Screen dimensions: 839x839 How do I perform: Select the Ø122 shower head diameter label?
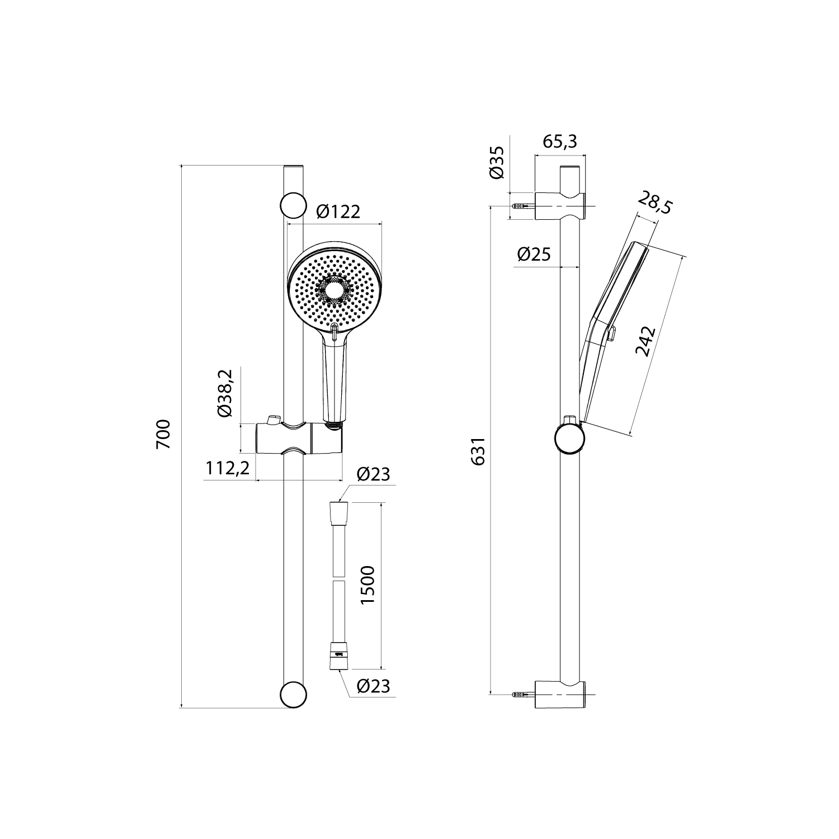[x=338, y=212]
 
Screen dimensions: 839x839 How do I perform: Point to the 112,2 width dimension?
[x=227, y=468]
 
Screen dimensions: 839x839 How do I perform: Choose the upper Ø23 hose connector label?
[x=373, y=474]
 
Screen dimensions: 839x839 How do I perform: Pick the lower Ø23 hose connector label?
[x=373, y=686]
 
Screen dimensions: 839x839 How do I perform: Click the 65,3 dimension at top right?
[x=560, y=142]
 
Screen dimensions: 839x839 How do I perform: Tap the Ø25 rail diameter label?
[x=534, y=254]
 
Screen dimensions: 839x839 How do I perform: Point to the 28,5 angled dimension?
[x=654, y=205]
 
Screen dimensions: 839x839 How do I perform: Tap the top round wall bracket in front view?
[x=293, y=205]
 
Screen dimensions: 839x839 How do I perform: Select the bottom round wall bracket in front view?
[x=293, y=695]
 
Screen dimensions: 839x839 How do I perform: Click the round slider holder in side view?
[x=569, y=438]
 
